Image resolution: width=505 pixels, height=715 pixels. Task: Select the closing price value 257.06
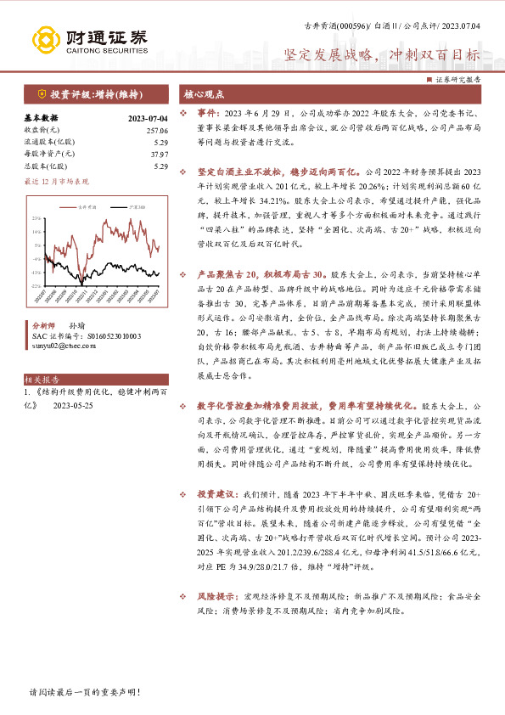click(x=157, y=130)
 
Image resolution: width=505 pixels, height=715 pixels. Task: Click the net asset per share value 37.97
click(x=159, y=154)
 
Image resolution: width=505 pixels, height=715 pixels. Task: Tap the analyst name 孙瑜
click(x=76, y=325)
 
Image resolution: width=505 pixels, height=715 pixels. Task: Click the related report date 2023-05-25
click(x=74, y=405)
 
